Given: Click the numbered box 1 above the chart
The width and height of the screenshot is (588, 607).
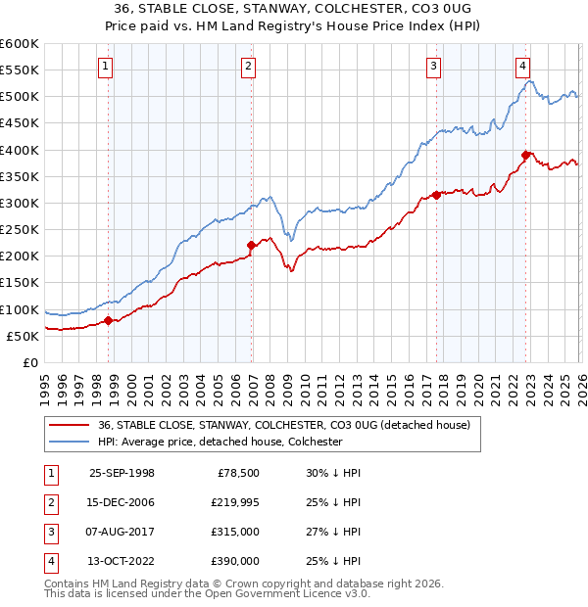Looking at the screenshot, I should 106,67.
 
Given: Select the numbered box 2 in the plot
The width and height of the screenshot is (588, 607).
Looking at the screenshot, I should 249,67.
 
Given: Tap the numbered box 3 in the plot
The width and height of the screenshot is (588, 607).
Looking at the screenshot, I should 433,67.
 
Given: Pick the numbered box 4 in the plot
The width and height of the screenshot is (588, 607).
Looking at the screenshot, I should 523,67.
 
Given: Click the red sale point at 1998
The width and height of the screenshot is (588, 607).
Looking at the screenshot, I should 109,320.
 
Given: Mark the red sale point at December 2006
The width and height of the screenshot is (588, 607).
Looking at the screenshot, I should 252,245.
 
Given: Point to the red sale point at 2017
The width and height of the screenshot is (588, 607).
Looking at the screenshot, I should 436,194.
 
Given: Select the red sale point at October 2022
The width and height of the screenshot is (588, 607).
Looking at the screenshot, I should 526,155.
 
